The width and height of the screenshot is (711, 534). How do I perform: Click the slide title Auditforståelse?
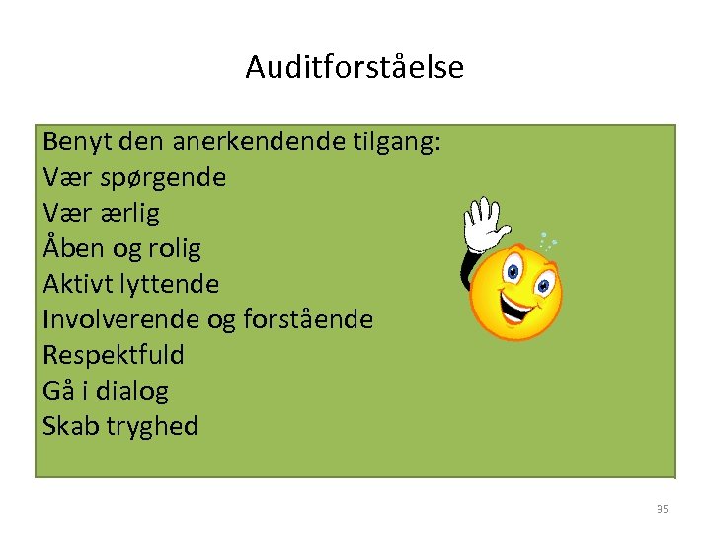[355, 67]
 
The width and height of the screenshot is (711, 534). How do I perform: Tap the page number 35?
[662, 509]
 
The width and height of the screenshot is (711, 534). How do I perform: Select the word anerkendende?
[259, 142]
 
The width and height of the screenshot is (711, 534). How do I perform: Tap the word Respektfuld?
[114, 355]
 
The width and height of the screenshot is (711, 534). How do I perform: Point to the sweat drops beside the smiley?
[546, 240]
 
